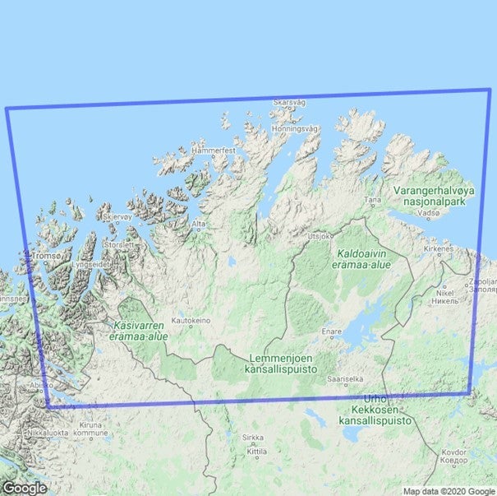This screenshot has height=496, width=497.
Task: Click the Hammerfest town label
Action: tap(213, 152)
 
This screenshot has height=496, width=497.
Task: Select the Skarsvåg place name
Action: tap(288, 103)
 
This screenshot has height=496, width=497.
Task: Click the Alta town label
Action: tap(199, 223)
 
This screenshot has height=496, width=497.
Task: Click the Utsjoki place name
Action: tap(317, 235)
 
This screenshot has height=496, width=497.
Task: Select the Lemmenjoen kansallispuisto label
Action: tap(282, 366)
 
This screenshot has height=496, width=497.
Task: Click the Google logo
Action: tap(25, 488)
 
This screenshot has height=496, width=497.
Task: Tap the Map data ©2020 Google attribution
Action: tap(449, 491)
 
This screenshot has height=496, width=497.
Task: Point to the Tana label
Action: tap(373, 199)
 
